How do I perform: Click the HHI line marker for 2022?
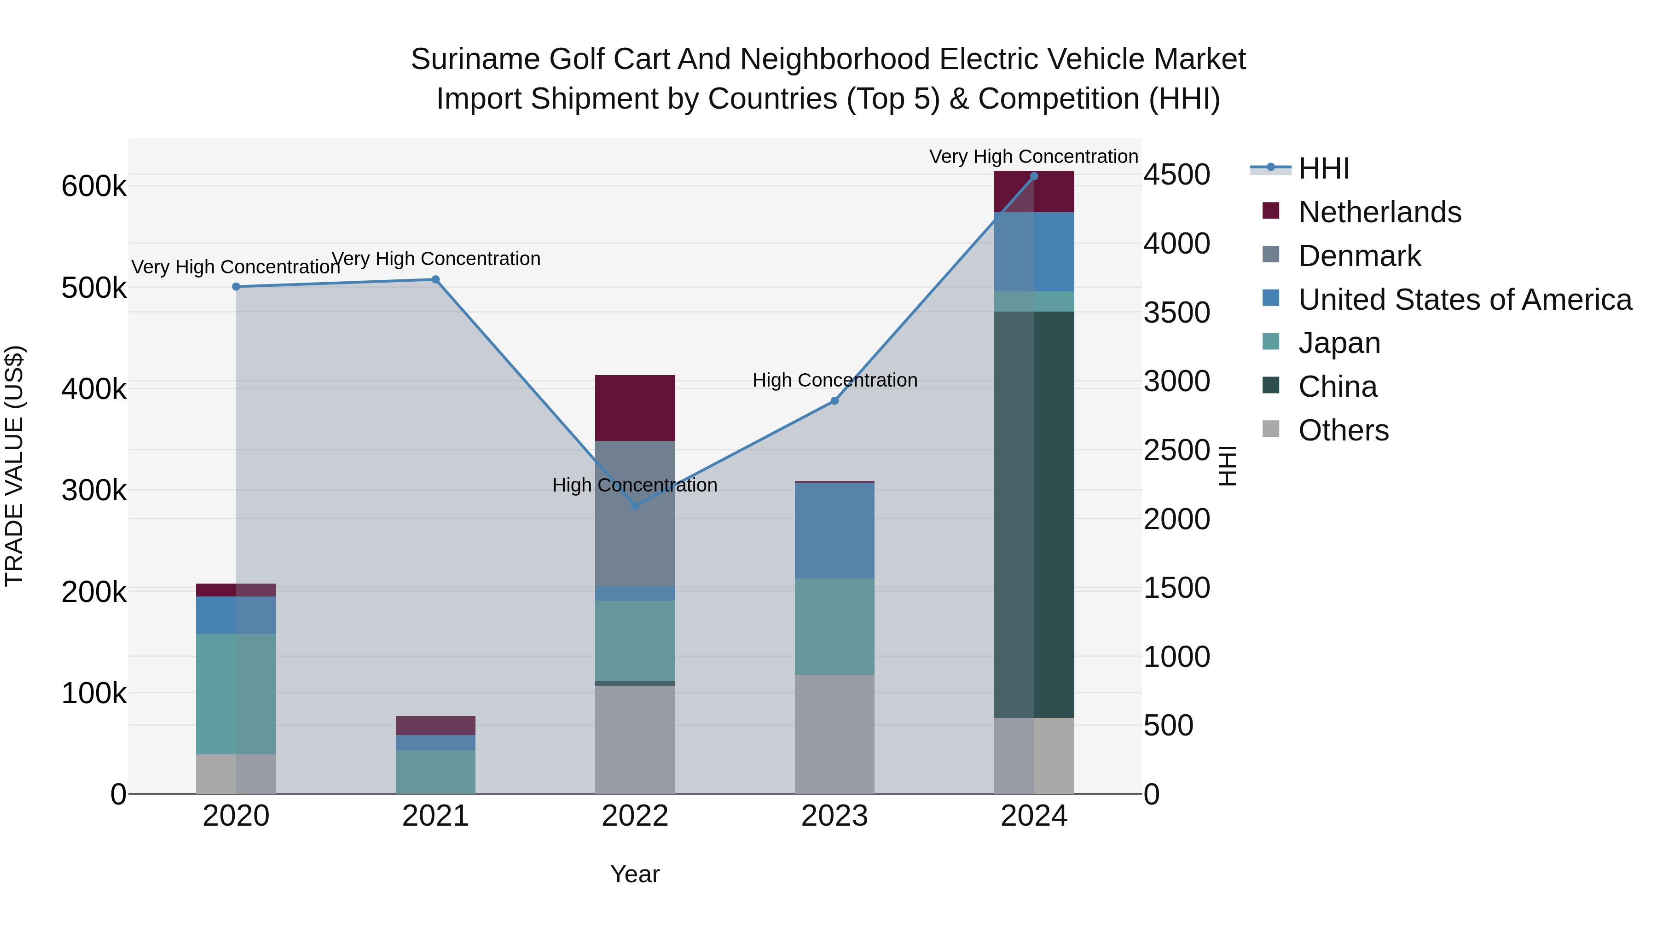pos(635,505)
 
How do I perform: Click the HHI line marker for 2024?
pos(1034,176)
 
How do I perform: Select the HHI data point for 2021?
pos(435,279)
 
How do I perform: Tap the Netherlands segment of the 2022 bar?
pos(635,408)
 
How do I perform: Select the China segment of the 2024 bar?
pos(1034,515)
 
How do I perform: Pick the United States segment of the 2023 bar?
pos(834,530)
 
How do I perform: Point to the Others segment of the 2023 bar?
pos(834,733)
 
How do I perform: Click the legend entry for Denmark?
pos(1359,256)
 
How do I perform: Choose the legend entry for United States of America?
pos(1464,300)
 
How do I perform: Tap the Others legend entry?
pos(1343,430)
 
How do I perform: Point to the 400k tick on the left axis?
pos(94,389)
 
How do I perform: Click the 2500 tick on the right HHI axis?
pos(1176,450)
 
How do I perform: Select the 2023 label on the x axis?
pos(834,816)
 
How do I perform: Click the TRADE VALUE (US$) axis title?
pos(14,466)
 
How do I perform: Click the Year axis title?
pos(635,874)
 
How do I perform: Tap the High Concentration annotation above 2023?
pos(834,380)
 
